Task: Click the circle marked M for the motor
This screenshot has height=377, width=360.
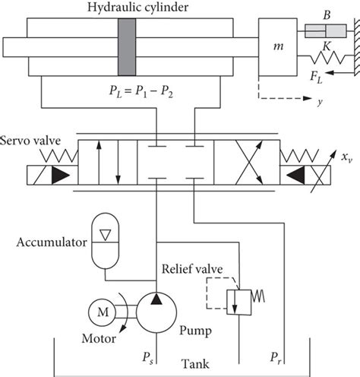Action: coord(101,310)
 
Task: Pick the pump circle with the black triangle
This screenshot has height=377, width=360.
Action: coord(156,311)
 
